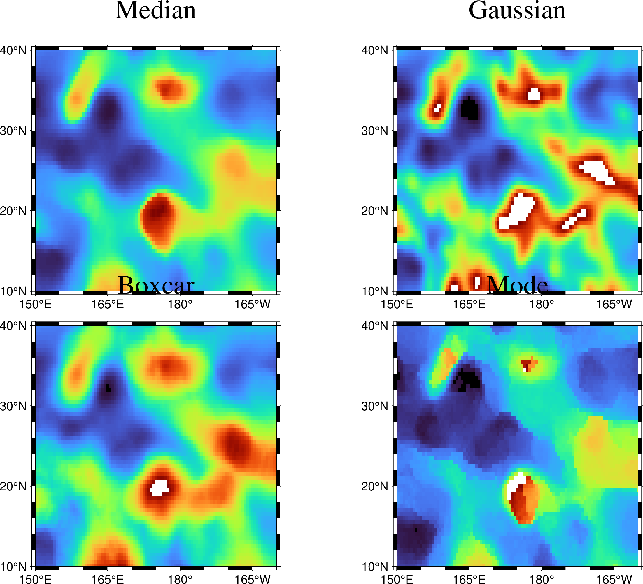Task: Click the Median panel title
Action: tap(156, 11)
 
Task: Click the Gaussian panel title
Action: tap(517, 11)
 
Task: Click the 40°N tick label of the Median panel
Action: tap(13, 50)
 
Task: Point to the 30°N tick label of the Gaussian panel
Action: tap(375, 131)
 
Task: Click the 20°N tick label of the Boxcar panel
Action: tap(13, 486)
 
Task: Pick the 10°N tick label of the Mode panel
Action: tap(375, 567)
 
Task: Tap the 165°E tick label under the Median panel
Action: tap(108, 305)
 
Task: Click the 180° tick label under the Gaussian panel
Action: tap(542, 305)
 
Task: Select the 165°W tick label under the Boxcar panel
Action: tap(253, 579)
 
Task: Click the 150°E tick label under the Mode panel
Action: tap(397, 579)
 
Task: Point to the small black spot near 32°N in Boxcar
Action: tap(108, 388)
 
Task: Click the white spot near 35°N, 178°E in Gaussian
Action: tap(534, 95)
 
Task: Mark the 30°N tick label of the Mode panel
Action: tap(375, 406)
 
